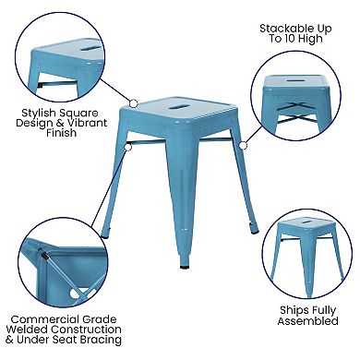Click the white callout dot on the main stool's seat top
click(134, 104)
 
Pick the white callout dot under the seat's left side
click(129, 145)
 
